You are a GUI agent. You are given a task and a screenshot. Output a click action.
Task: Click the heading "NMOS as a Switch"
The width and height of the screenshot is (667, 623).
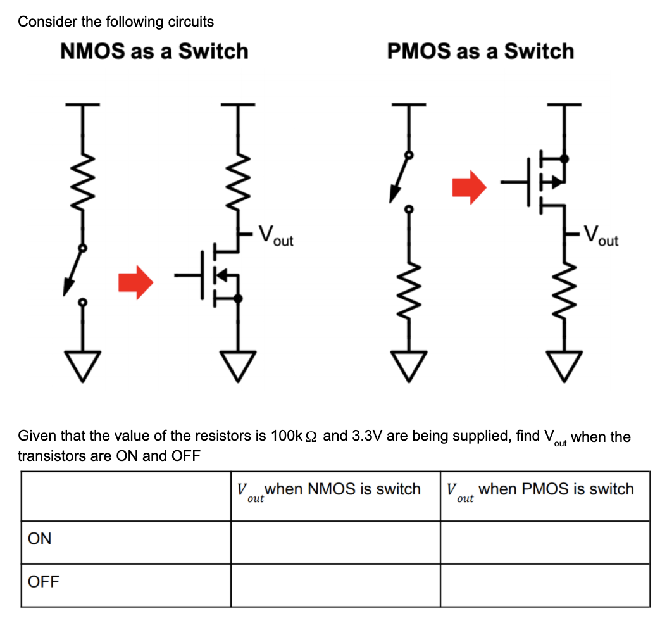click(154, 51)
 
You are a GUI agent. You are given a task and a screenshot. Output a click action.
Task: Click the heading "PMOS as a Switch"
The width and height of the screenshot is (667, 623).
click(480, 51)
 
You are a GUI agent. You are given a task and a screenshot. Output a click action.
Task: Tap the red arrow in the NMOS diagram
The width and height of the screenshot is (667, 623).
click(135, 282)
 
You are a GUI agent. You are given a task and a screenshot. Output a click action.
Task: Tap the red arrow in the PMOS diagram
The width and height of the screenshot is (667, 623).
click(469, 187)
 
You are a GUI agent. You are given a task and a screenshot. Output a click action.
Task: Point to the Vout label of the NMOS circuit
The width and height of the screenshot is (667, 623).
click(276, 236)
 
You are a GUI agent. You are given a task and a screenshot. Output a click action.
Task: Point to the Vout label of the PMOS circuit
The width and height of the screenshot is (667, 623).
click(601, 236)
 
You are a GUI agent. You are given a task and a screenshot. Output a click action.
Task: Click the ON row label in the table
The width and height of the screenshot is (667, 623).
click(40, 539)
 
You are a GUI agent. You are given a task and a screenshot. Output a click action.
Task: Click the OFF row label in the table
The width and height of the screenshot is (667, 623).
click(44, 582)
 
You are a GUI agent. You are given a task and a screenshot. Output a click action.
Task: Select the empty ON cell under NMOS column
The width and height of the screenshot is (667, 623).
click(335, 543)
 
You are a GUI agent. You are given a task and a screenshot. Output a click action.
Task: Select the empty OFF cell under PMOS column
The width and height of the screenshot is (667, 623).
click(545, 586)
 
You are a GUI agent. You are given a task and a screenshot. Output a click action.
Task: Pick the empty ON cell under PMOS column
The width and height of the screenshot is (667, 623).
click(545, 543)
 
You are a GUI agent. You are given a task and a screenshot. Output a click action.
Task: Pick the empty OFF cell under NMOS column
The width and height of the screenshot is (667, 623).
click(335, 586)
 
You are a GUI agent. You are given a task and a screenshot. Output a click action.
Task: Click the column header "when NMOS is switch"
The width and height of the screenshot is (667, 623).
click(342, 489)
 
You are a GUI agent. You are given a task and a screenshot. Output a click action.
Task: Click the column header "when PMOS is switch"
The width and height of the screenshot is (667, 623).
click(556, 489)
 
